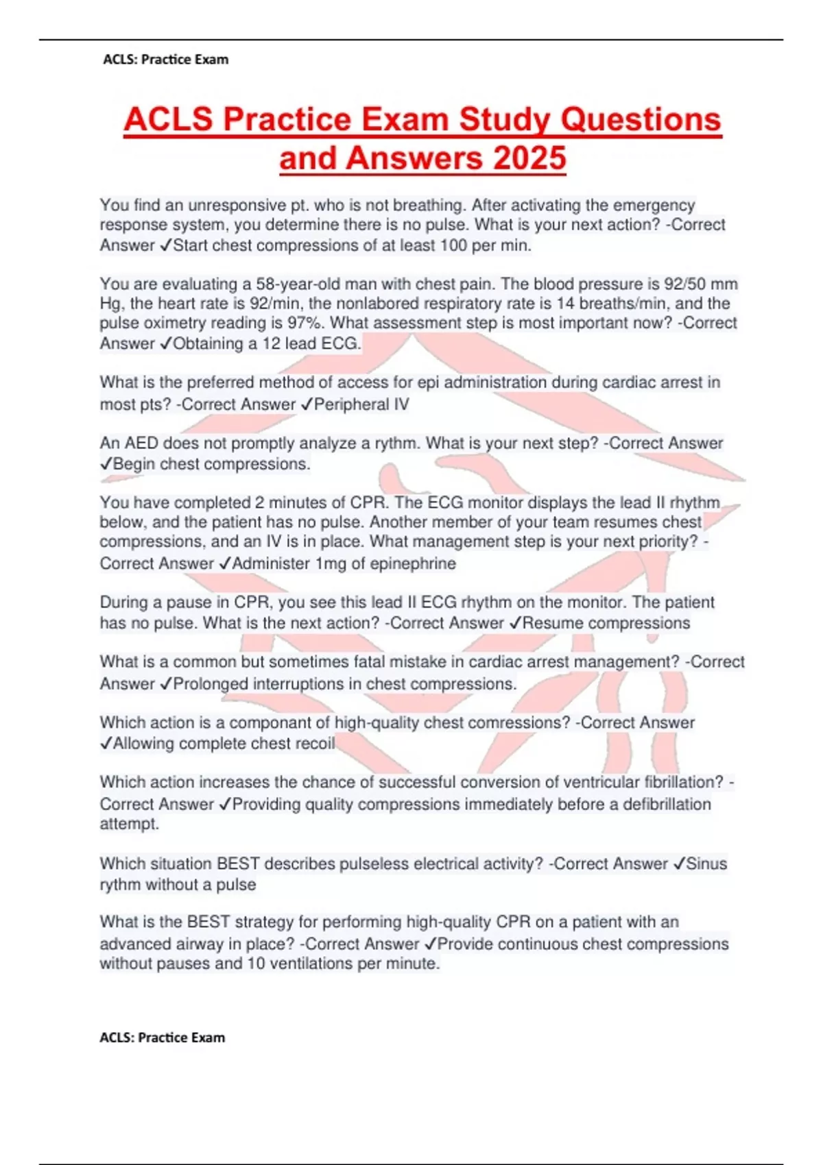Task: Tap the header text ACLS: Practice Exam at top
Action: (165, 60)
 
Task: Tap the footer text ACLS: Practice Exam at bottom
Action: (162, 1038)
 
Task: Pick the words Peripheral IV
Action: (361, 404)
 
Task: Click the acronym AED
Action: (141, 443)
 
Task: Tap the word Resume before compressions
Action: (551, 623)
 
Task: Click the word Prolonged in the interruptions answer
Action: (211, 684)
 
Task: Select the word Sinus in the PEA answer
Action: (706, 863)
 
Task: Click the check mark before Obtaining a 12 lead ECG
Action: (165, 344)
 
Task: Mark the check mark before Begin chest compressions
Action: (106, 465)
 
